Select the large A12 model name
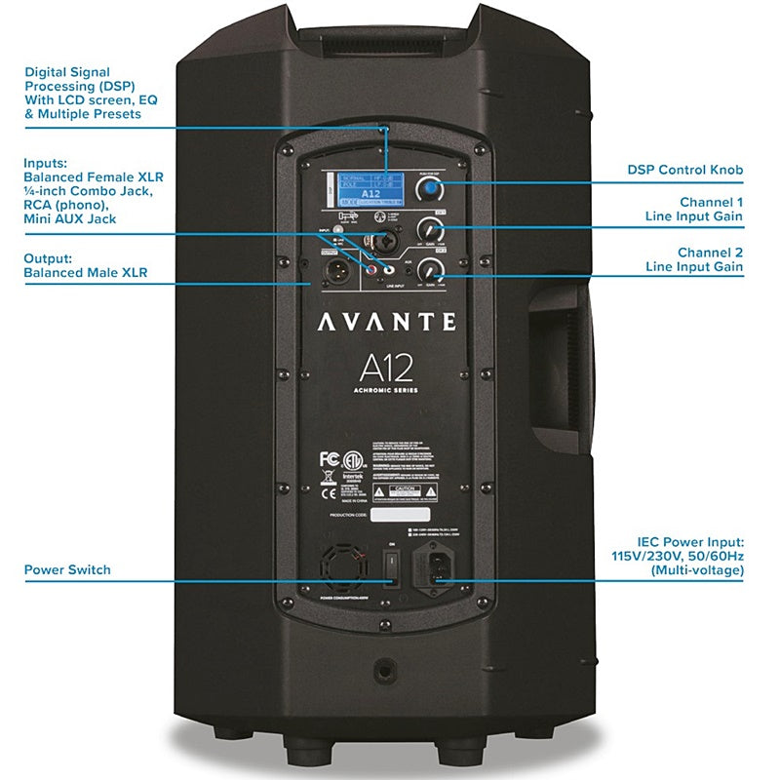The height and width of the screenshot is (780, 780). [385, 367]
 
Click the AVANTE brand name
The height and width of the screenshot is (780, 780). [385, 320]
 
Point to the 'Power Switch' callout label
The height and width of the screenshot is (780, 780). [67, 569]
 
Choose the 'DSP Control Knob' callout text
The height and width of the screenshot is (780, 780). [684, 170]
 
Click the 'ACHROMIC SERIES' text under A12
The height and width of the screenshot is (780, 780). [385, 392]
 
